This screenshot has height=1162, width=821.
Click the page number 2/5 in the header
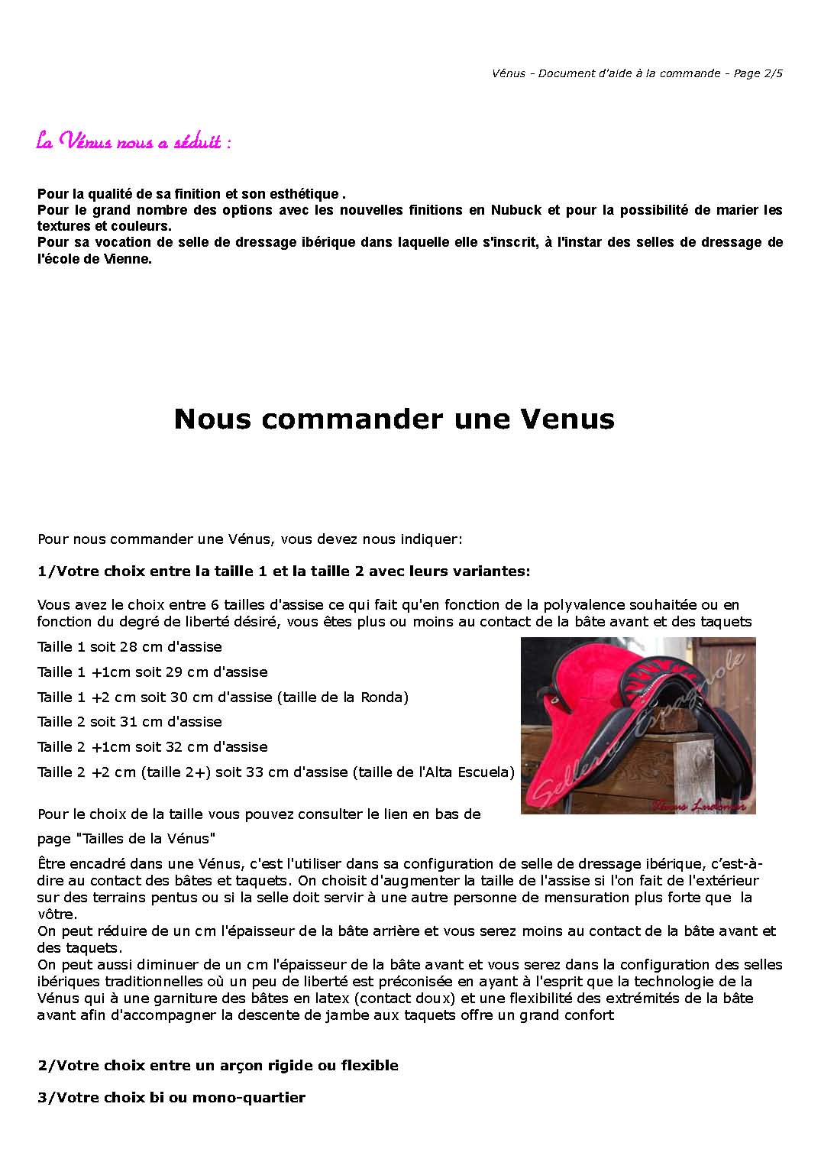tap(773, 73)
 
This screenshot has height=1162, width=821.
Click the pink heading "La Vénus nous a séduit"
tap(134, 142)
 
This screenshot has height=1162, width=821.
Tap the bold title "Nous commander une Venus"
tap(394, 419)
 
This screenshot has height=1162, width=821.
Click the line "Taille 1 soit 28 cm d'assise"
tap(130, 647)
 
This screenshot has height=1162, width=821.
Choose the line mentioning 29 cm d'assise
tap(153, 672)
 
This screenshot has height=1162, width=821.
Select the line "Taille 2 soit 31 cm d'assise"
tap(130, 722)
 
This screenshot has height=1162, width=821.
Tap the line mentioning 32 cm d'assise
tap(153, 747)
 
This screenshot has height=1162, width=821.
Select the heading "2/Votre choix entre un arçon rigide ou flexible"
tap(218, 1066)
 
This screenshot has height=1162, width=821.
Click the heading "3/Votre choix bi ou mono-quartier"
tap(171, 1098)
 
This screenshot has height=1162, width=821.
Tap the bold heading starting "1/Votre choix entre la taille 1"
tap(283, 571)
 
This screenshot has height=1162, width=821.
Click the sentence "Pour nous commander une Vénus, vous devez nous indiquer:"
tap(250, 539)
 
